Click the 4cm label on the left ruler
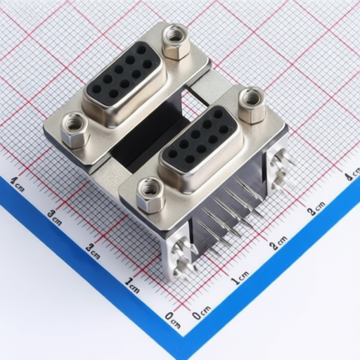[17, 184]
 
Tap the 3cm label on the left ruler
[54, 217]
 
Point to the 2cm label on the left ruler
[92, 251]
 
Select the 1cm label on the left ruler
[132, 285]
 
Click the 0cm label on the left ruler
[173, 320]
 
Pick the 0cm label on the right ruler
[202, 311]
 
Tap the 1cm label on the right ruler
[240, 278]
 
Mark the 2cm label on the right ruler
[278, 243]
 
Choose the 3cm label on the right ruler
[316, 208]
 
